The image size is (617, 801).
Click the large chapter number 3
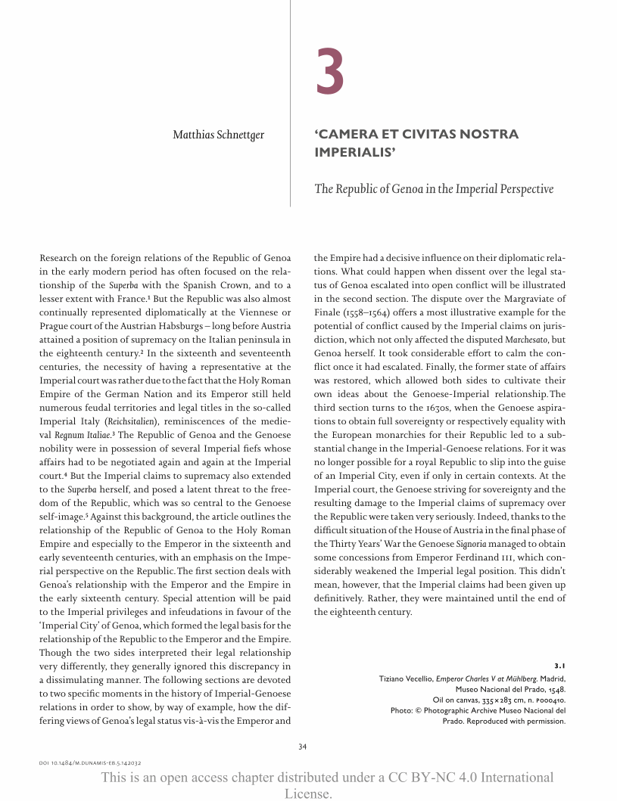click(330, 73)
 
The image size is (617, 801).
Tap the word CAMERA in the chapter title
click(351, 135)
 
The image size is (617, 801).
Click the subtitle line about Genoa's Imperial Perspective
click(433, 188)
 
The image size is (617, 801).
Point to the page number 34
click(302, 747)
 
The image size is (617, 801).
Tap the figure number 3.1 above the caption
click(559, 665)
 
